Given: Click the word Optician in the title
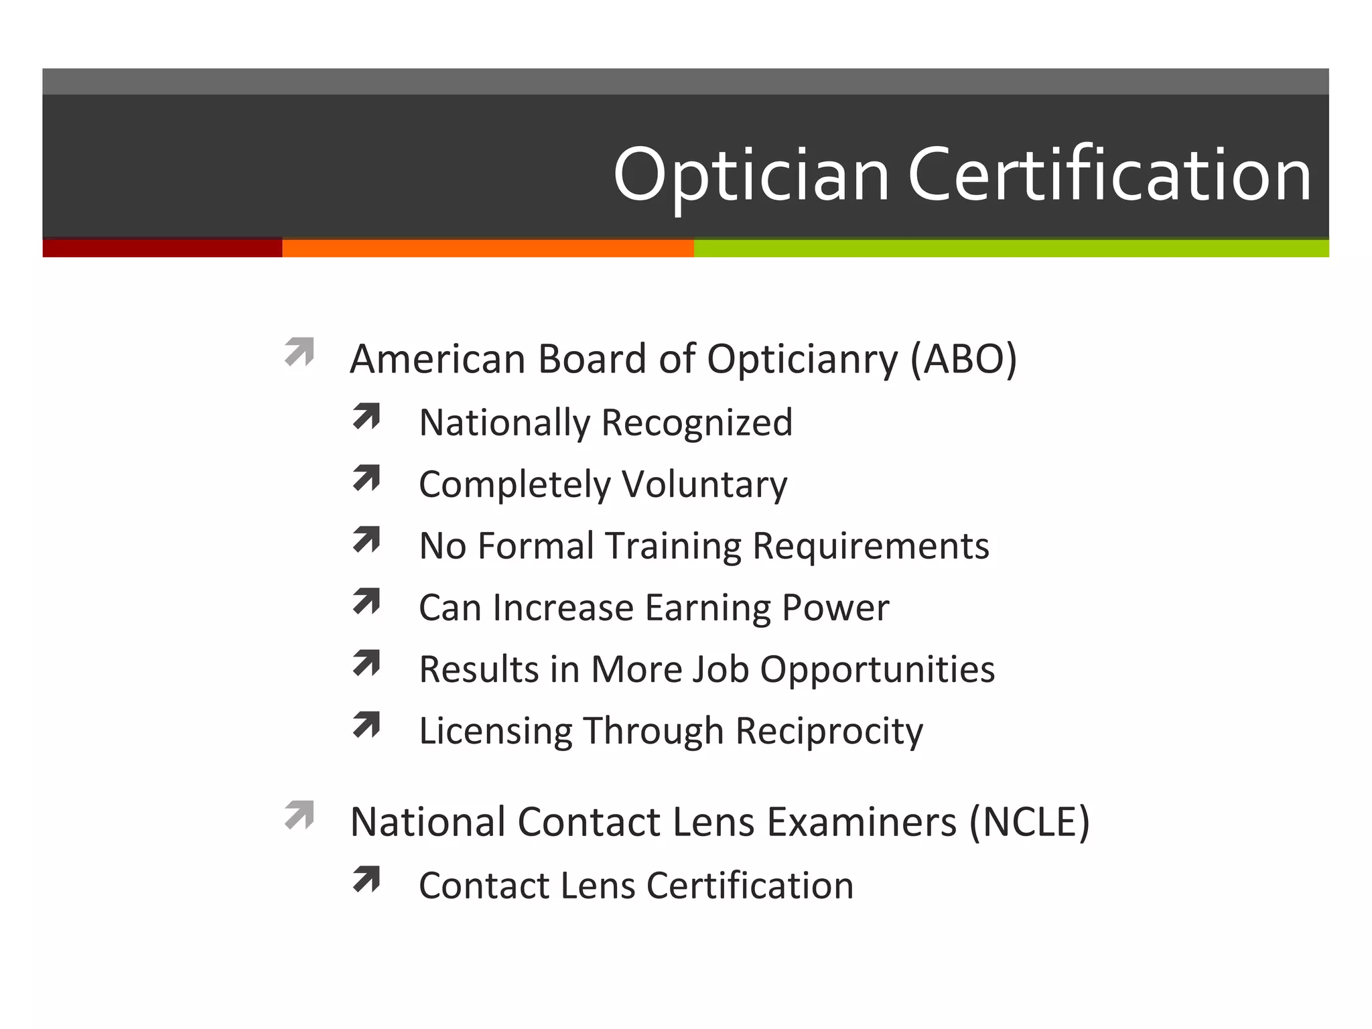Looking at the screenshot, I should [x=751, y=176].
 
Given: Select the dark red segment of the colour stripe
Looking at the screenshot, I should [x=162, y=248].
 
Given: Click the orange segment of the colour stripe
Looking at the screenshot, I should [x=488, y=248].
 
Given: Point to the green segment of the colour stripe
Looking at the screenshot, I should [x=1011, y=248].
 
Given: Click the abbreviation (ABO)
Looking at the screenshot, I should [x=963, y=359].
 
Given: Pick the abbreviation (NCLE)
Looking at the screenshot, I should [x=1030, y=822].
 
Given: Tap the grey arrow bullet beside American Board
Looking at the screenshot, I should [x=299, y=352].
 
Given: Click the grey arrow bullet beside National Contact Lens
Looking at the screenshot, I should [x=299, y=815].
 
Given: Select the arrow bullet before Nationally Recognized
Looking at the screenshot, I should [x=366, y=416].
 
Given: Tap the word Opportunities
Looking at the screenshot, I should [x=878, y=670].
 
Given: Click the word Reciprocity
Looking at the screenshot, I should [x=829, y=732].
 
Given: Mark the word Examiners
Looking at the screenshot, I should [x=862, y=822].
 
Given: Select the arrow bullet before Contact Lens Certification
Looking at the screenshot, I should [x=366, y=880].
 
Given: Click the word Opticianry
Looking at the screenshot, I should [x=802, y=360].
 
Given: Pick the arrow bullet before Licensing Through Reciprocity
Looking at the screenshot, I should [x=366, y=725].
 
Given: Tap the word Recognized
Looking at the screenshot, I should [x=697, y=423].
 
